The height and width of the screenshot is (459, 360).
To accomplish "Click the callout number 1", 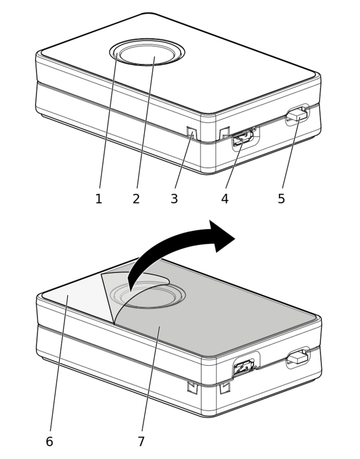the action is click(x=99, y=199).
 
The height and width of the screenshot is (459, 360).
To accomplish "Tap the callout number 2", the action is click(x=136, y=199).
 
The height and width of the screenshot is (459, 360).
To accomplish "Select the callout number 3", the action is click(x=175, y=199).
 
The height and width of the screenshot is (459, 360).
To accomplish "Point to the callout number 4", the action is click(x=225, y=199).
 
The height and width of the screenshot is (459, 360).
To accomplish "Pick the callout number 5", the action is click(x=281, y=199).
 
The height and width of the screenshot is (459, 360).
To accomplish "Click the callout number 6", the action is click(x=50, y=442).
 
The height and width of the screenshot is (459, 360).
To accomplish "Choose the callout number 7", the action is click(x=141, y=442).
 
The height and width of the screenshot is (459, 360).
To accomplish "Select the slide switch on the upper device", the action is click(x=297, y=114).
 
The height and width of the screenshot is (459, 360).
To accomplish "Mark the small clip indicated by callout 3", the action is click(x=191, y=133).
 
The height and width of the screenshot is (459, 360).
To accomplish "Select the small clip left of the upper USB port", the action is click(x=224, y=132).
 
